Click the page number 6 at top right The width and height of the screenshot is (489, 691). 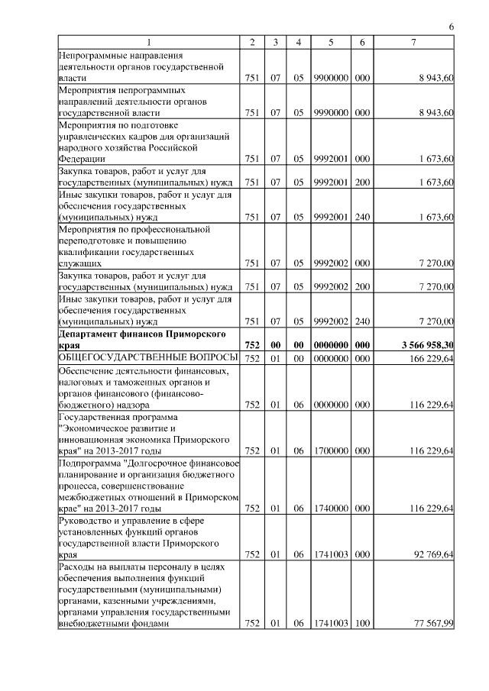pyautogui.click(x=452, y=27)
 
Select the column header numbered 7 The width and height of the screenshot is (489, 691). pyautogui.click(x=413, y=41)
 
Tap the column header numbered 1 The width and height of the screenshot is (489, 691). pyautogui.click(x=149, y=41)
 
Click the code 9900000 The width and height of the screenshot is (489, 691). pyautogui.click(x=331, y=78)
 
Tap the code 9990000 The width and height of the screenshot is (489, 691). pyautogui.click(x=331, y=112)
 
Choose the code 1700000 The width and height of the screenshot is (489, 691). pyautogui.click(x=331, y=450)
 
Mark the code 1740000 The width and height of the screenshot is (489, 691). pyautogui.click(x=331, y=508)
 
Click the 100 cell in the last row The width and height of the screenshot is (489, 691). pyautogui.click(x=362, y=624)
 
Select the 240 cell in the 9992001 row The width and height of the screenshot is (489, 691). pyautogui.click(x=362, y=217)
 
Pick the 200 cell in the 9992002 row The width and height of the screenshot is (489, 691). pyautogui.click(x=362, y=286)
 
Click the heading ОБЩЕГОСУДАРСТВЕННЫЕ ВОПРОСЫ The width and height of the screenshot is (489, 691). pyautogui.click(x=149, y=358)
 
